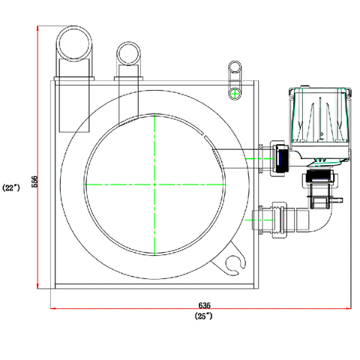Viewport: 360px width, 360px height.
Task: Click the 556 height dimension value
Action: point(34,181)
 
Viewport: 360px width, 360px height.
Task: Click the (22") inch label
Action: point(11,187)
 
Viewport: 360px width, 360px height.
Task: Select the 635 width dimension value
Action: point(205,305)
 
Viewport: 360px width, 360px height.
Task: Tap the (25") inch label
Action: point(203,316)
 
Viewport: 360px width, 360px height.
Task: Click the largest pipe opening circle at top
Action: point(74,43)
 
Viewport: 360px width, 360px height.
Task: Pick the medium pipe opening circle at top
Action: point(128,53)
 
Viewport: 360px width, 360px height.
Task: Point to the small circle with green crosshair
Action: point(235,94)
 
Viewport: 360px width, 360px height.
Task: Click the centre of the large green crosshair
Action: point(154,184)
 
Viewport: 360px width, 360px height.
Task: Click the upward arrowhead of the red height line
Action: point(37,28)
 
